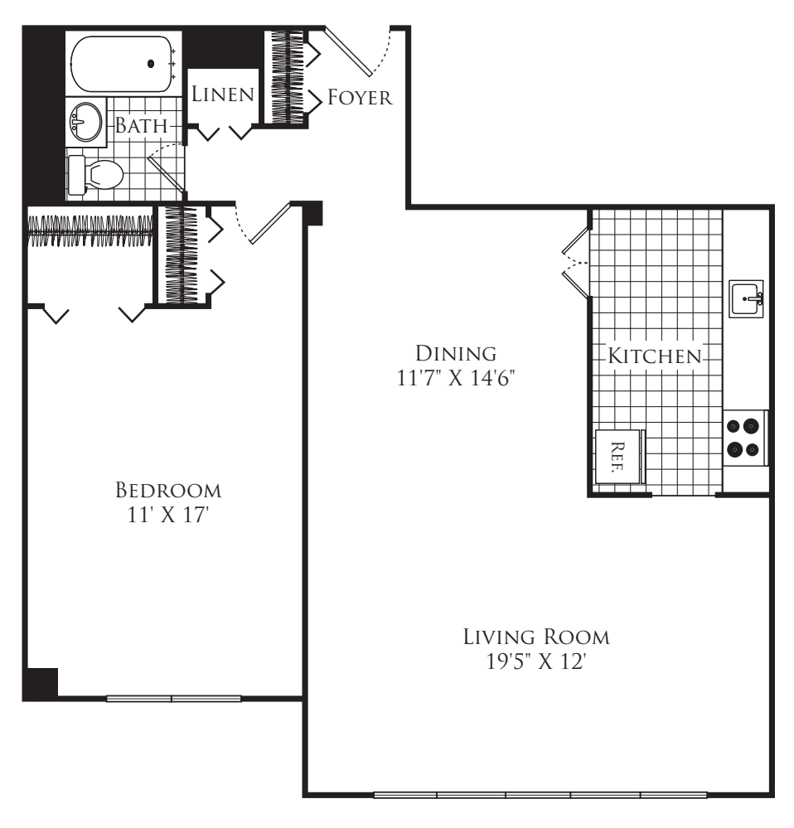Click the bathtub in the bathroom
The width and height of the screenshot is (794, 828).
pyautogui.click(x=123, y=64)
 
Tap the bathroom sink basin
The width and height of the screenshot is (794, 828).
pyautogui.click(x=86, y=122)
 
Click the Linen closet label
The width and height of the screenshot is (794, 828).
pyautogui.click(x=223, y=94)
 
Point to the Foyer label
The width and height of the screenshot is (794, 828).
pyautogui.click(x=360, y=97)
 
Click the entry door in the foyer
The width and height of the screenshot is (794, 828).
pyautogui.click(x=348, y=51)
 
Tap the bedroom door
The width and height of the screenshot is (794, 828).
pyautogui.click(x=270, y=223)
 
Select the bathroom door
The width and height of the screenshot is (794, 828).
pyautogui.click(x=167, y=173)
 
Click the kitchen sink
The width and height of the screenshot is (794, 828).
pyautogui.click(x=746, y=298)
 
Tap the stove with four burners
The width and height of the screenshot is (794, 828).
pyautogui.click(x=744, y=438)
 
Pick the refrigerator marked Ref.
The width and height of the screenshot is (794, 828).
pyautogui.click(x=618, y=457)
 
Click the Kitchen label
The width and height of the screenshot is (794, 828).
pyautogui.click(x=655, y=356)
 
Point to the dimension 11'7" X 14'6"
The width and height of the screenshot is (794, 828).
pyautogui.click(x=456, y=378)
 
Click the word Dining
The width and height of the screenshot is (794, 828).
pyautogui.click(x=456, y=353)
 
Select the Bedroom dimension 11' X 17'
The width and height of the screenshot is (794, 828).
pyautogui.click(x=168, y=515)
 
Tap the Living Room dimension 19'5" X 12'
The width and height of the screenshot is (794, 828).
pyautogui.click(x=536, y=661)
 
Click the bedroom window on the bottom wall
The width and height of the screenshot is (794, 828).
pyautogui.click(x=174, y=699)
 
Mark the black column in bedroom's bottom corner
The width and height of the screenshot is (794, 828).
pyautogui.click(x=41, y=684)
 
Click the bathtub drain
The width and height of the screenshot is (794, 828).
pyautogui.click(x=151, y=64)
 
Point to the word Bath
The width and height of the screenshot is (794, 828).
pyautogui.click(x=142, y=126)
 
